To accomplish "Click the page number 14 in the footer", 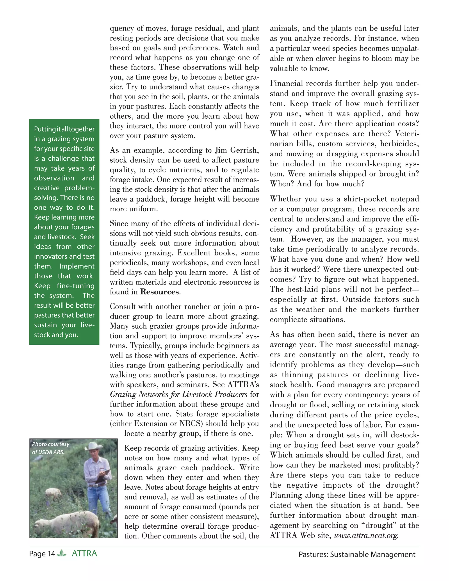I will coord(51,554).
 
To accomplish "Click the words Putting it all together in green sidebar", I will coord(64,129).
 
